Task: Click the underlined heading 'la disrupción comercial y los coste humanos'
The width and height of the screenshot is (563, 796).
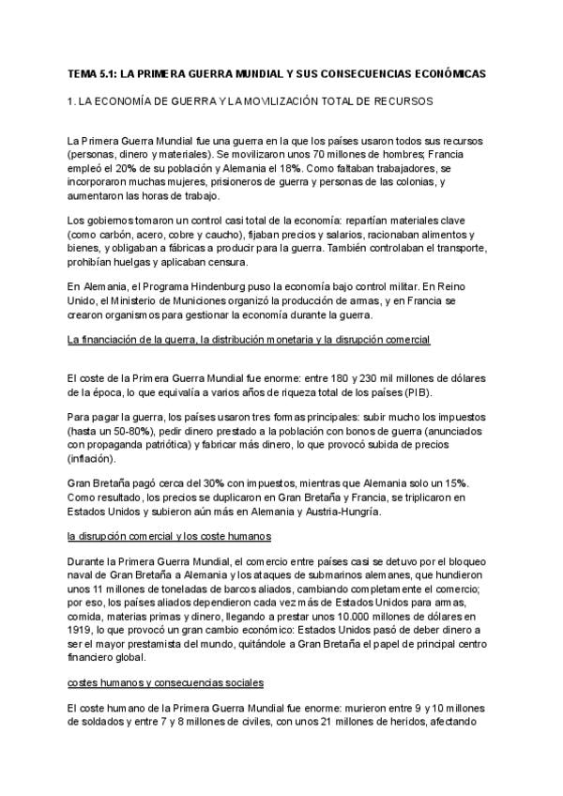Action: pyautogui.click(x=170, y=536)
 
